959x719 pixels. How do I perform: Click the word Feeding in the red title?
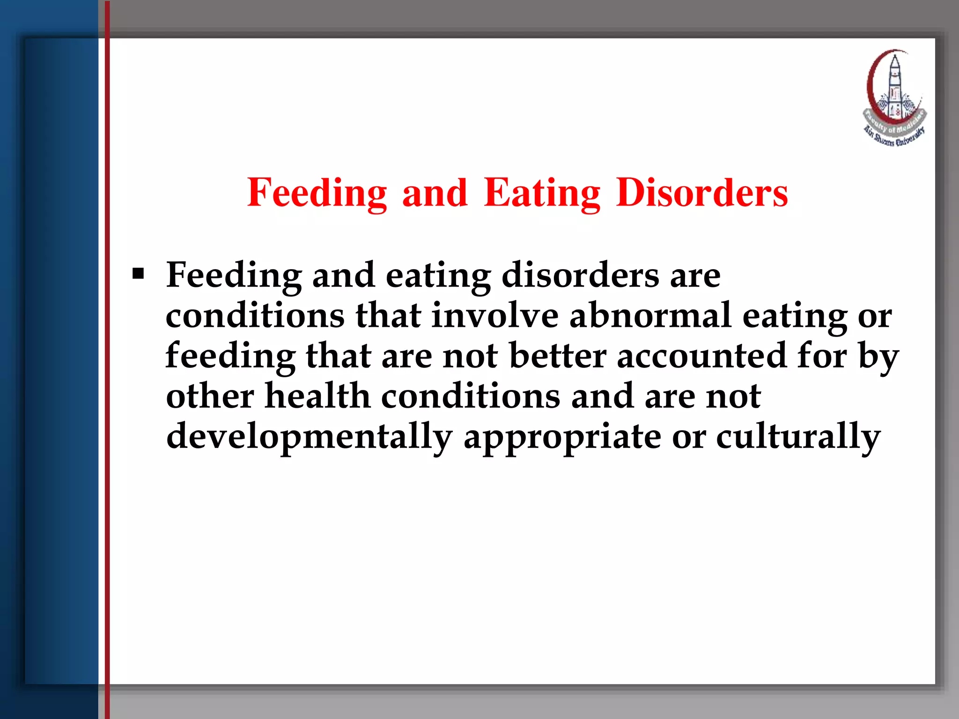tap(317, 193)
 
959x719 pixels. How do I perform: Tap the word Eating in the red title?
tap(542, 193)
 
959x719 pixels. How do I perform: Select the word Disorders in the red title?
tap(702, 193)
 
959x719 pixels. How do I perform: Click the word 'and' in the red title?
tap(435, 193)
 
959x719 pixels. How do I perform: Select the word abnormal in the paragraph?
tap(650, 315)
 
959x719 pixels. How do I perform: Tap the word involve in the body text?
tap(494, 315)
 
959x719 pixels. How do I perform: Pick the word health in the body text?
tap(317, 396)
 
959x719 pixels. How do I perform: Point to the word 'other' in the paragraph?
tap(210, 396)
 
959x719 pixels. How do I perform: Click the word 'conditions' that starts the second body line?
tap(255, 315)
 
